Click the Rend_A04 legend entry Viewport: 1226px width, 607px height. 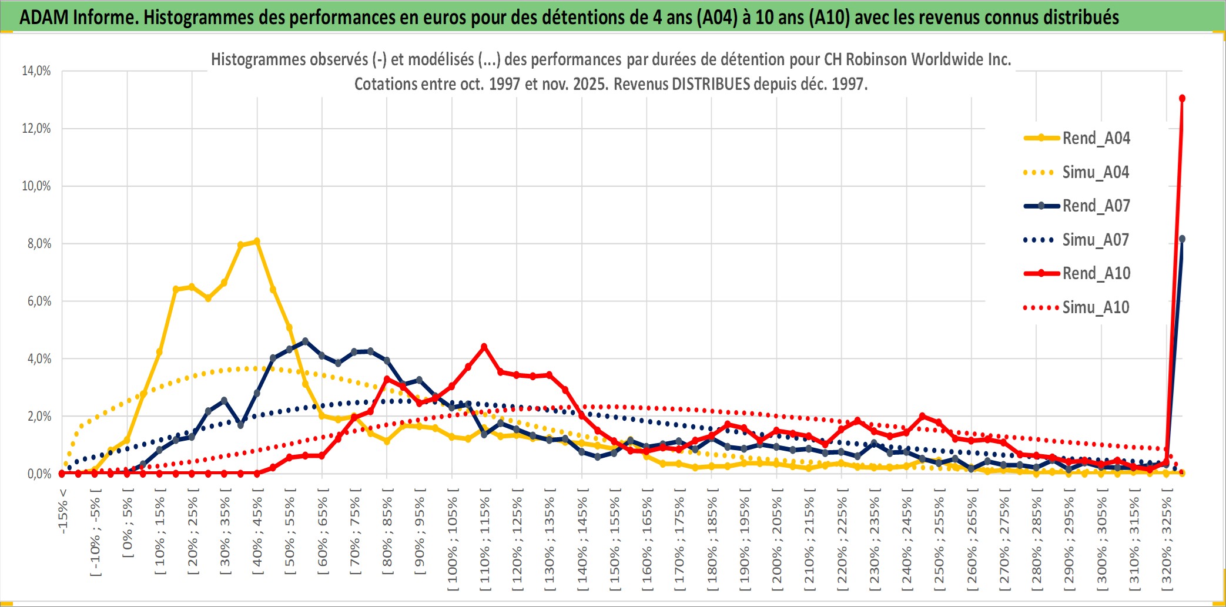point(1096,138)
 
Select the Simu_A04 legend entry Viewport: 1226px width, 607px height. point(1096,172)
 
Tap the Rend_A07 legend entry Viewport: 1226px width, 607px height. point(1096,206)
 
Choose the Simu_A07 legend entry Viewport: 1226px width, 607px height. point(1096,240)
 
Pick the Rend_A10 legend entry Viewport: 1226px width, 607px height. point(1096,273)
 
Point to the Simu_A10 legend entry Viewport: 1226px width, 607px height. point(1096,307)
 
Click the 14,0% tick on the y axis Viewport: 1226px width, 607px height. point(36,71)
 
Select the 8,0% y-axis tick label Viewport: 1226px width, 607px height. point(39,244)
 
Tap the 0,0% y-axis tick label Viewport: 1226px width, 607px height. point(39,474)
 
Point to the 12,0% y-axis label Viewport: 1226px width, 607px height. point(36,129)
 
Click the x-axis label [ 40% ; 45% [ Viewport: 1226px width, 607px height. point(257,535)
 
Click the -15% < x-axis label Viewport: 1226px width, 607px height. point(63,511)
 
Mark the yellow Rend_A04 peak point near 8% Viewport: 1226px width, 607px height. point(257,241)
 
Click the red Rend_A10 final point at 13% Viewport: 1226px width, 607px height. point(1182,98)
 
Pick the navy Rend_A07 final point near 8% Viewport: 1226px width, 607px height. point(1182,239)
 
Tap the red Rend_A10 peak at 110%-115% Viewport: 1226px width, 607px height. point(484,347)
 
